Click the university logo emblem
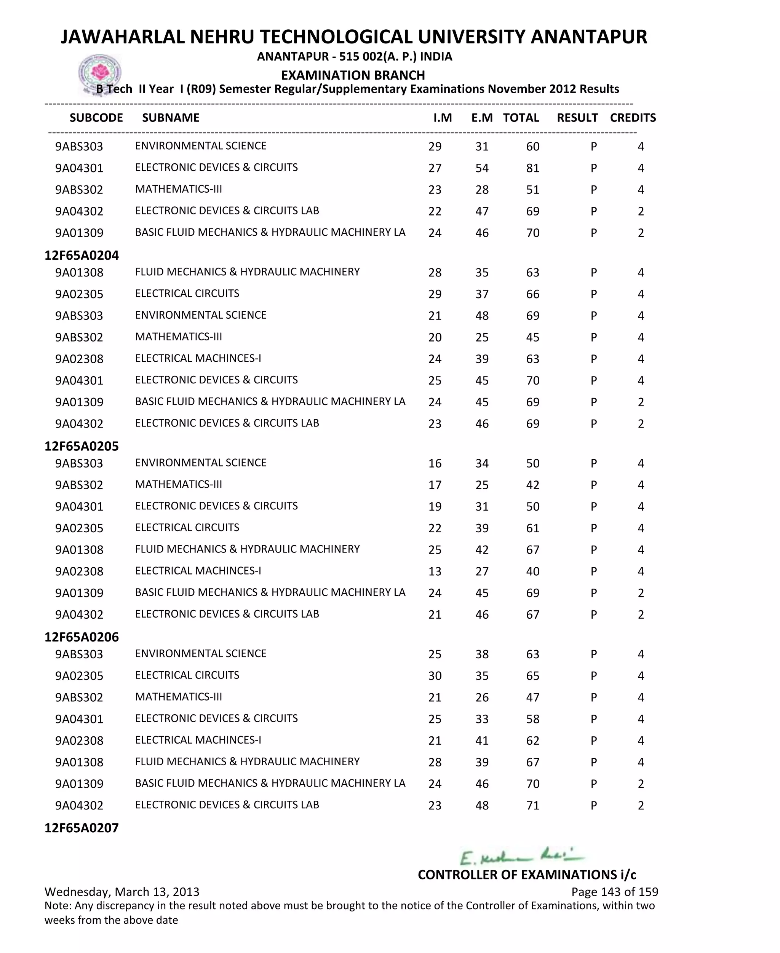coord(99,73)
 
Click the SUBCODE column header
coord(96,118)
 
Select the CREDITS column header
coord(633,118)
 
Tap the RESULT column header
coord(577,118)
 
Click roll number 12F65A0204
coord(82,255)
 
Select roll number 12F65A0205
coord(82,446)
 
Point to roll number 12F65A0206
coord(82,637)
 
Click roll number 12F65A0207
coord(82,828)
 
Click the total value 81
coord(532,168)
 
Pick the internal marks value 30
coord(435,676)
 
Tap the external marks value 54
coord(482,168)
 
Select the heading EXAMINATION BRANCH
coord(353,75)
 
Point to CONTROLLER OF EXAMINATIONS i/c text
coord(527,875)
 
